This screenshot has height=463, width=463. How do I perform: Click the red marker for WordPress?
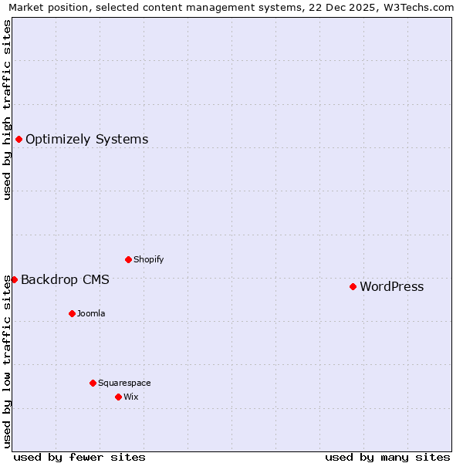pos(353,286)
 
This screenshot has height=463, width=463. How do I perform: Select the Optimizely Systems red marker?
pos(19,139)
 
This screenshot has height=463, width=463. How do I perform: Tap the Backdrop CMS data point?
pos(14,279)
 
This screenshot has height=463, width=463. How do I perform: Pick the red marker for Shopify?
pos(128,259)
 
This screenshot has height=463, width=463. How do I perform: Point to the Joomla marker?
pos(72,313)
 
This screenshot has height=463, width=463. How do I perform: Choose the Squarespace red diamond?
pos(93,383)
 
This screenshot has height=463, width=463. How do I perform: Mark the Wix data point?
pos(118,397)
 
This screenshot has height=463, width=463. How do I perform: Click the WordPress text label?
pos(391,287)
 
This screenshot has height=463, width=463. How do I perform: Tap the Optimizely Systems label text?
pos(86,140)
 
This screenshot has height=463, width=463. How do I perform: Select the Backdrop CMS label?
pos(65,279)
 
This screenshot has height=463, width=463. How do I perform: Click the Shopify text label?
pos(148,259)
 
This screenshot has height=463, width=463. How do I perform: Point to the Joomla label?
pos(91,313)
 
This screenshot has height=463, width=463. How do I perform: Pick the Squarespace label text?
pos(124,383)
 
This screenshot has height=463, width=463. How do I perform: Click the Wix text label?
pos(130,397)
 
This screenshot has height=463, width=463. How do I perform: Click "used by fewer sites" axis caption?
pos(79,457)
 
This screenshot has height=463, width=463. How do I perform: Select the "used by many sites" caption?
pos(387,457)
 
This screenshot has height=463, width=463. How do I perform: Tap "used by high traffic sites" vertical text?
pos(7,110)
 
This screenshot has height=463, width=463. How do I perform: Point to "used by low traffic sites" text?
pos(7,361)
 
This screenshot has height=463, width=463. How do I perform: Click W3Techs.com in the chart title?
pos(417,7)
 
